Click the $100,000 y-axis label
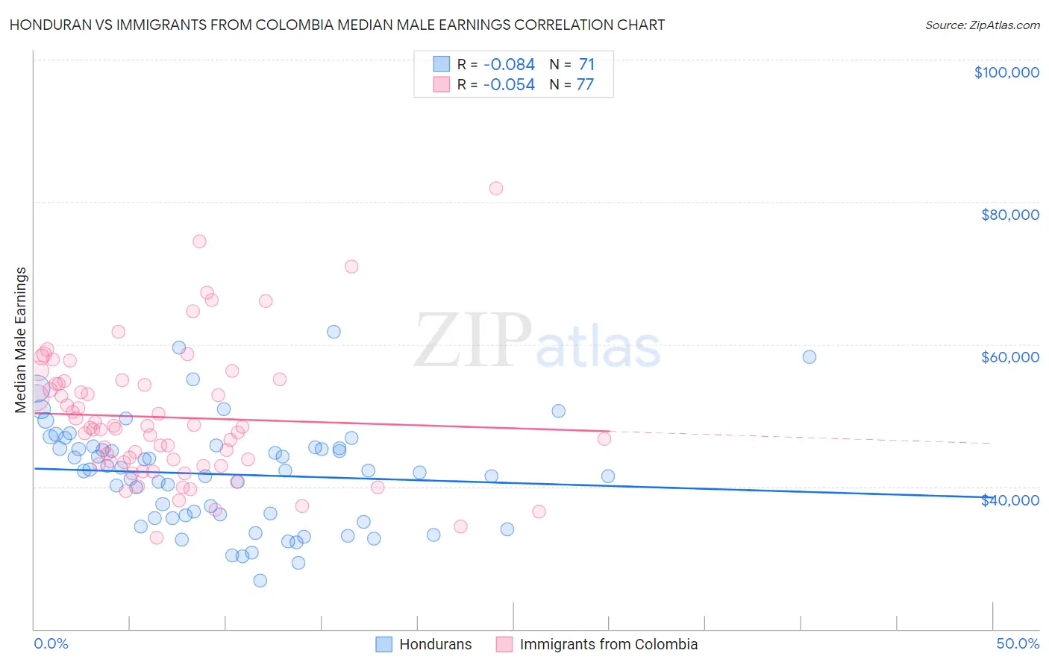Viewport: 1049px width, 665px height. click(1006, 72)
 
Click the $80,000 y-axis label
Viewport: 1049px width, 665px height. click(1009, 215)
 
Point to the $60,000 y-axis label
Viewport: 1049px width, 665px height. click(1009, 357)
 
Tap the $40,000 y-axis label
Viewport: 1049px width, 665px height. click(1009, 500)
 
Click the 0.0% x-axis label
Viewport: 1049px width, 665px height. click(51, 643)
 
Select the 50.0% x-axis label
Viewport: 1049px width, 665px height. click(1018, 643)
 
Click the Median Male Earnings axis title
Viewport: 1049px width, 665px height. click(21, 340)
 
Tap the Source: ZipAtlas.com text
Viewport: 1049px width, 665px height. click(982, 25)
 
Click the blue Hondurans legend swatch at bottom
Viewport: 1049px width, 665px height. click(383, 644)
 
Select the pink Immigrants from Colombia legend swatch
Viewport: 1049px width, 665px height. click(504, 644)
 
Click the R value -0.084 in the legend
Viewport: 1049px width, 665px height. click(509, 65)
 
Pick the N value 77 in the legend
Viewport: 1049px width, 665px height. click(585, 85)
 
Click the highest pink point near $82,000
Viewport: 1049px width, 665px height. click(496, 188)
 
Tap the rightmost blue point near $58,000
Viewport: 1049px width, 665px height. click(810, 356)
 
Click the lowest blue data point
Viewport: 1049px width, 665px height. click(260, 580)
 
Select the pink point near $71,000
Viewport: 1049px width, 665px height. click(351, 266)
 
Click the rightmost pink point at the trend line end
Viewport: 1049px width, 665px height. click(604, 438)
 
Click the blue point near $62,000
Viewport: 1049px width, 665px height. click(334, 332)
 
